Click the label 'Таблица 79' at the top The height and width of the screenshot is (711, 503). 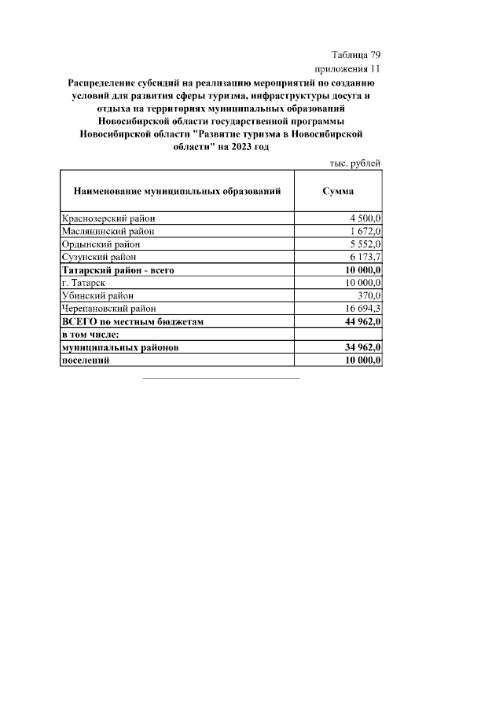point(355,55)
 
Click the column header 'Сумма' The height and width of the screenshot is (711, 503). point(338,192)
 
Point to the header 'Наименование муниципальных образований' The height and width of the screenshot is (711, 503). point(177,192)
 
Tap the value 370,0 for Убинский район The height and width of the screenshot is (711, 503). point(369,295)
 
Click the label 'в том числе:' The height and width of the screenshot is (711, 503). point(90,334)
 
